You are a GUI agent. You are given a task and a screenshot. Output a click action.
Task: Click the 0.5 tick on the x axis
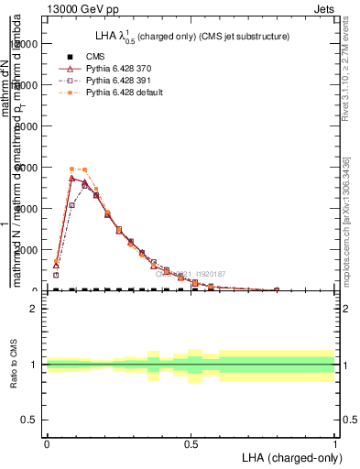(191, 444)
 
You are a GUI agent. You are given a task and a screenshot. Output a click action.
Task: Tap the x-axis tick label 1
(334, 444)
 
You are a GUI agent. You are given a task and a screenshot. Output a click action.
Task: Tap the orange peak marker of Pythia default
(72, 169)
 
